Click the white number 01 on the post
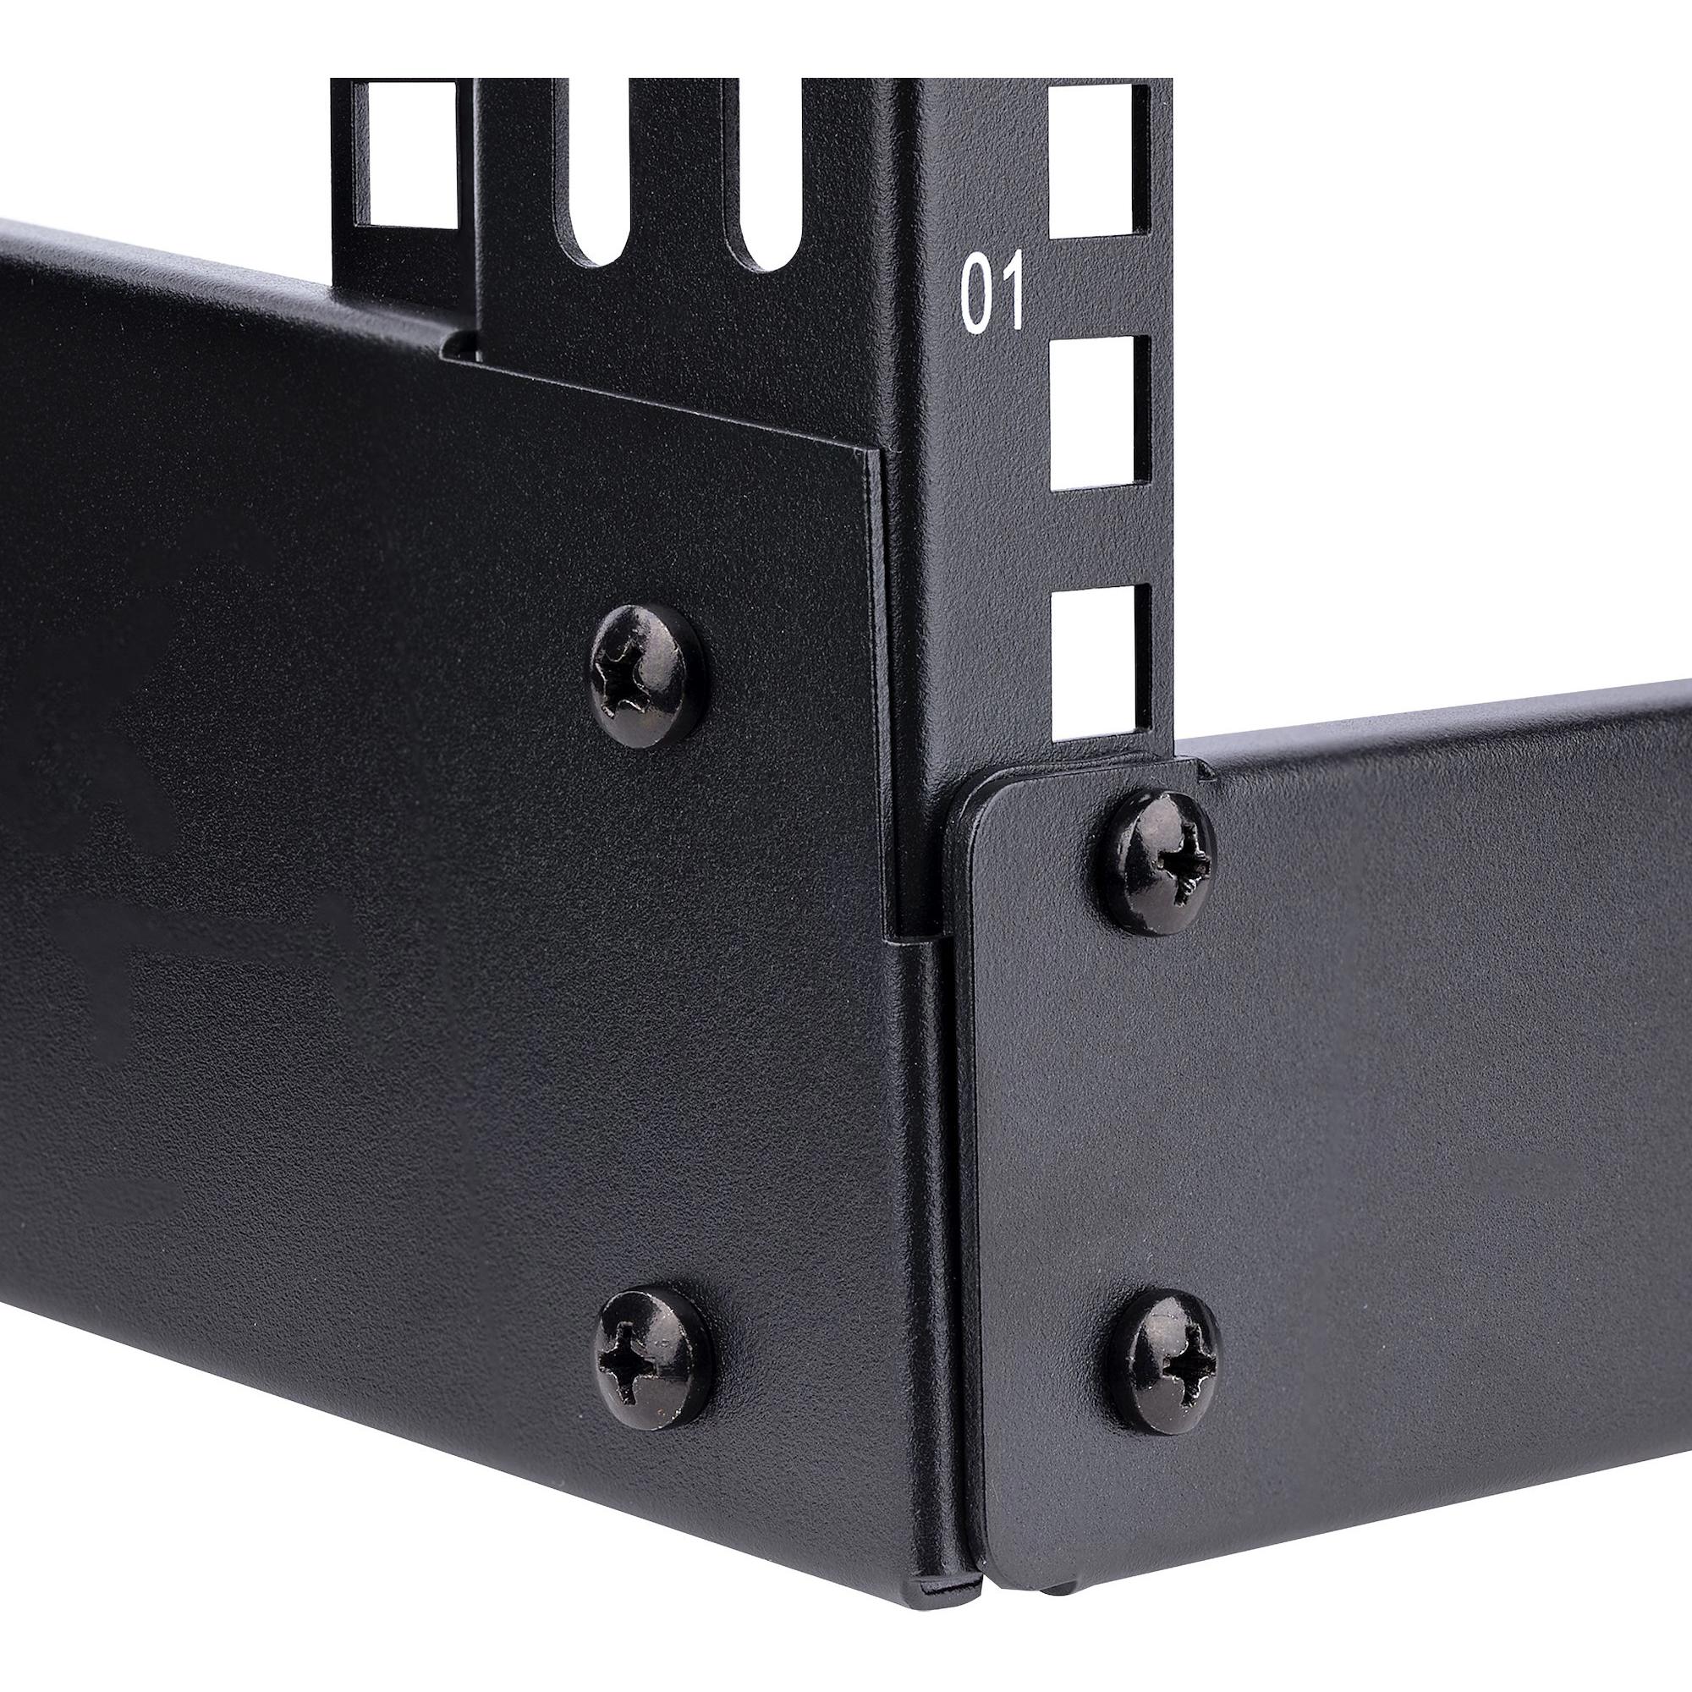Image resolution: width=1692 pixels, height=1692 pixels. click(992, 295)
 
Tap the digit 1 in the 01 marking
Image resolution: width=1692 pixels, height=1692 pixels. click(1011, 295)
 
